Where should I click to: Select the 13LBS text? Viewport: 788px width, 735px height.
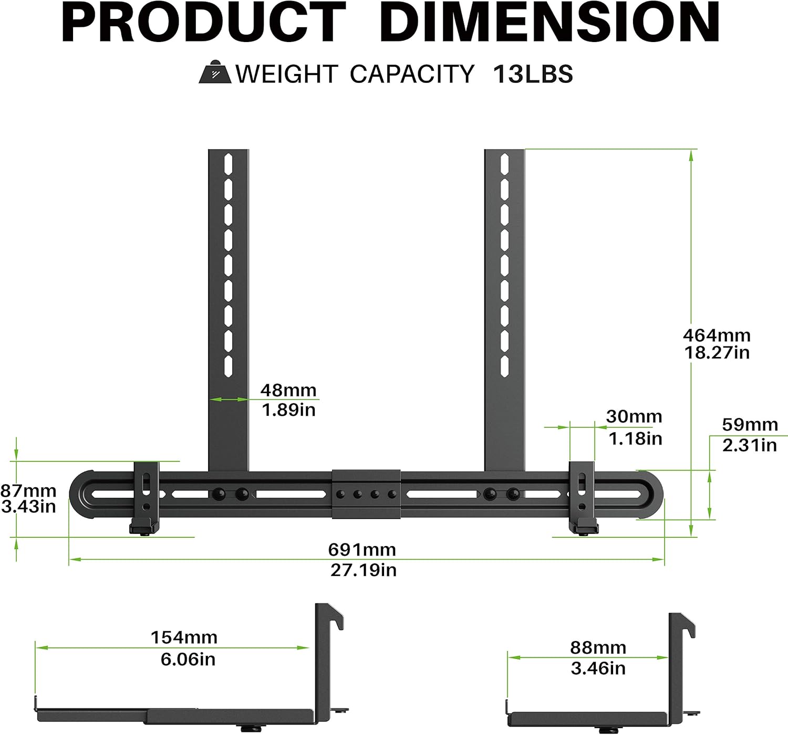point(533,74)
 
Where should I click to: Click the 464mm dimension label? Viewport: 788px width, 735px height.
point(717,335)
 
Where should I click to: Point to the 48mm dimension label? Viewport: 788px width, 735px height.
point(288,390)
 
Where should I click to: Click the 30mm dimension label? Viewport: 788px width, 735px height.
point(634,416)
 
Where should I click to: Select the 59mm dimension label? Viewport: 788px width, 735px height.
point(750,424)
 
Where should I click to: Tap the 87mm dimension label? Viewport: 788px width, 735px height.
point(28,491)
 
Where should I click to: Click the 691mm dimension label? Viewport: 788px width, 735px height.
point(362,550)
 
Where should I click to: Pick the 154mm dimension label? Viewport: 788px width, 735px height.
point(184,637)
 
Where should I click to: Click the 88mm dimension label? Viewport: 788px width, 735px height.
point(598,648)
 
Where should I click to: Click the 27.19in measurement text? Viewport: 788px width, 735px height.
point(363,570)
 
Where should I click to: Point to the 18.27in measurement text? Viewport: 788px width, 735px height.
point(717,353)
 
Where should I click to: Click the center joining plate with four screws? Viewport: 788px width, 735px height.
point(366,494)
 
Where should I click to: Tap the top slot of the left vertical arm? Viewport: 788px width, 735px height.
point(229,164)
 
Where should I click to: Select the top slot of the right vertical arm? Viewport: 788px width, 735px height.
point(504,164)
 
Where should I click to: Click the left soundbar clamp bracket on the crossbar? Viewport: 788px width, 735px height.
point(146,496)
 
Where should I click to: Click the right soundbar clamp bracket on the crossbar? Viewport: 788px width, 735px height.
point(582,496)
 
